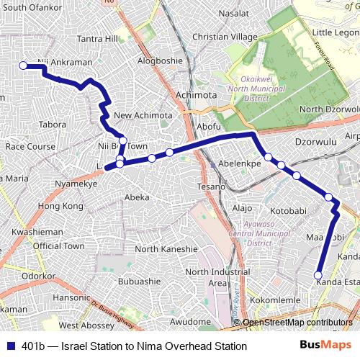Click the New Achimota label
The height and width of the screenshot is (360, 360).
point(143,115)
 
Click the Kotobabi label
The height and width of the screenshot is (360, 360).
point(289,212)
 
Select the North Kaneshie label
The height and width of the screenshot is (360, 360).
point(166,249)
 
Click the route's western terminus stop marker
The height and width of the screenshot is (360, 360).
point(22,66)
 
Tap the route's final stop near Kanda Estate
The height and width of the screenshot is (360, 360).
point(318,274)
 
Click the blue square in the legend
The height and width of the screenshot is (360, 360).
point(9,346)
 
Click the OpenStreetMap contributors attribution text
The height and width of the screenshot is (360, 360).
point(297,322)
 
